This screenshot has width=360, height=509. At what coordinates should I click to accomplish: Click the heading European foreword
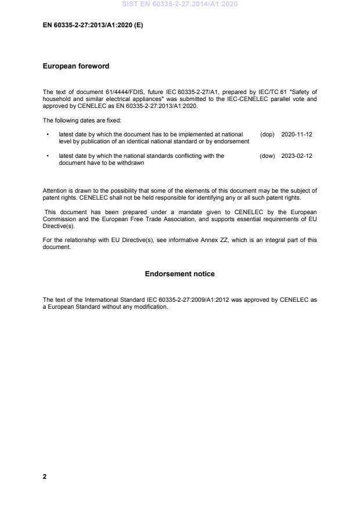click(76, 66)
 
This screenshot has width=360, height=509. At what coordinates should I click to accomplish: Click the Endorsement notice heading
click(180, 274)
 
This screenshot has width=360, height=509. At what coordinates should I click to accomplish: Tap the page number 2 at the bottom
click(45, 476)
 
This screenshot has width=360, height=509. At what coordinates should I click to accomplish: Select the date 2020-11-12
click(297, 134)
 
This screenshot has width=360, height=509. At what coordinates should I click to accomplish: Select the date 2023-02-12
click(297, 156)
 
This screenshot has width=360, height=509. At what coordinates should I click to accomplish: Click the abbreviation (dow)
click(267, 156)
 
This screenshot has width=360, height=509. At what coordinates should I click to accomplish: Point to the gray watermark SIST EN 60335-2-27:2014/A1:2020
click(180, 5)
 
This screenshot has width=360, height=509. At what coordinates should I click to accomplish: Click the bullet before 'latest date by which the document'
click(47, 134)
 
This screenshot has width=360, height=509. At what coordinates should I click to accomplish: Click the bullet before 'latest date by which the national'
click(47, 156)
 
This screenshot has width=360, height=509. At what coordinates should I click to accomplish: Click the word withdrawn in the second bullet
click(132, 163)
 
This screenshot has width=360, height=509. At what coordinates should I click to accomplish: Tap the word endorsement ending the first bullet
click(232, 141)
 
